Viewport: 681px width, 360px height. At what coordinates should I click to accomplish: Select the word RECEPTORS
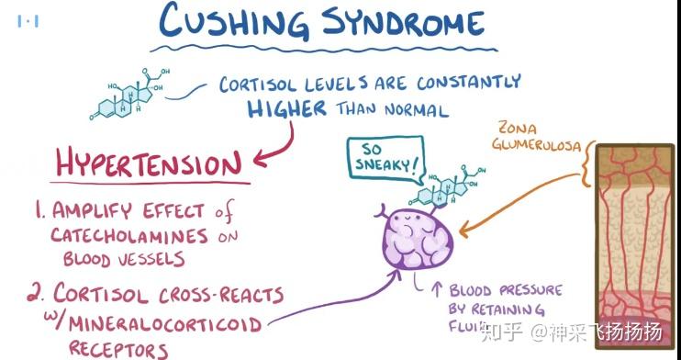tap(118, 349)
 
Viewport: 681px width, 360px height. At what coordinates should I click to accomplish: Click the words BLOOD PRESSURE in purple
tap(506, 290)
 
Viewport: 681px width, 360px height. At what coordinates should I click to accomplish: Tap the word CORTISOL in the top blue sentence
tap(260, 85)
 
